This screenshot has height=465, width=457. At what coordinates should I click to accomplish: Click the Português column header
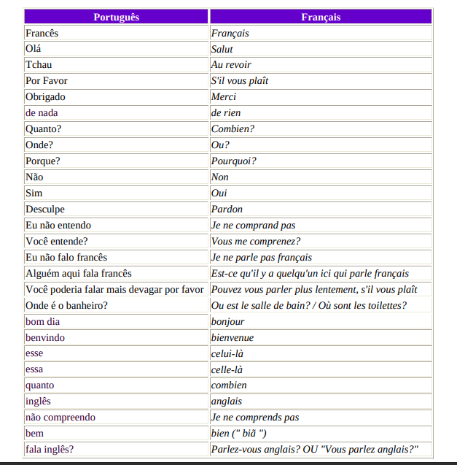coord(116,17)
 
